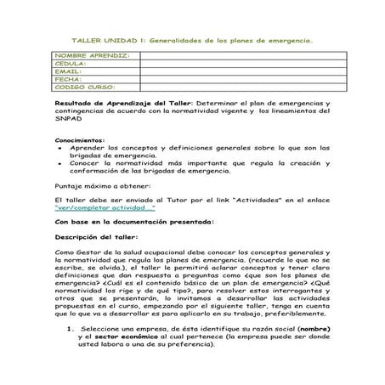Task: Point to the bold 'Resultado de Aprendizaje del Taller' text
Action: tap(124, 102)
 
